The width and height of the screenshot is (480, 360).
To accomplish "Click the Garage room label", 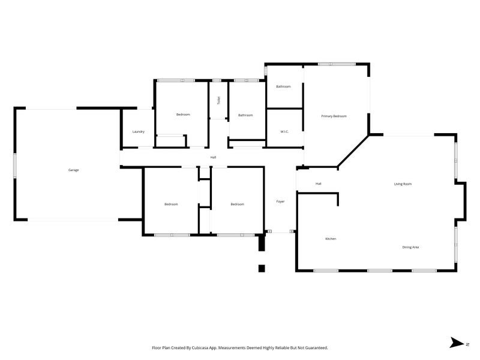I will (x=73, y=170).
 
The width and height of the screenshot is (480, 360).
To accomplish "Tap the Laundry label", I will (x=139, y=131).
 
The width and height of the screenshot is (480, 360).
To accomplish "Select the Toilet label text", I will (x=218, y=101).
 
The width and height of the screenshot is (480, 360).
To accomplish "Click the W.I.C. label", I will (x=285, y=131).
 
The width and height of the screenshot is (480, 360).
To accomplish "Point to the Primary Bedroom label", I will (x=334, y=116).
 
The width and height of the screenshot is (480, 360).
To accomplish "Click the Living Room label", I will (x=402, y=184).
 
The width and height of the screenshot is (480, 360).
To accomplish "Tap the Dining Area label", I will (x=410, y=247).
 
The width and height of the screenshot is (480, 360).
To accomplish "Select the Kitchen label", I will (x=331, y=239).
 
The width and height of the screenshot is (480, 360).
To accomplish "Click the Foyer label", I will (x=280, y=202).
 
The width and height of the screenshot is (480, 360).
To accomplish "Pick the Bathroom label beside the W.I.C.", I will (x=283, y=86).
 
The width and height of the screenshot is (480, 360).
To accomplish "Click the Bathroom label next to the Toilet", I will (x=245, y=115).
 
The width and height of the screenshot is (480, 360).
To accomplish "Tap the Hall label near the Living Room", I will (x=319, y=184).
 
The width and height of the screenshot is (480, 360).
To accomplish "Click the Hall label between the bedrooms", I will (x=213, y=157).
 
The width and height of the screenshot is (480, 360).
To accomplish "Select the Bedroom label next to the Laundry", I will (x=183, y=114).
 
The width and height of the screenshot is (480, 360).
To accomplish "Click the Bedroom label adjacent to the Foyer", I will (x=238, y=204).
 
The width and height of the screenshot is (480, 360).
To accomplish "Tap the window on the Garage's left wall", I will (x=15, y=164).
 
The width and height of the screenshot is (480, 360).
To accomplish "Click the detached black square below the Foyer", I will (x=262, y=268).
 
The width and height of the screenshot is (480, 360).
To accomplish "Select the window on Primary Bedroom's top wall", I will (x=337, y=64).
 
